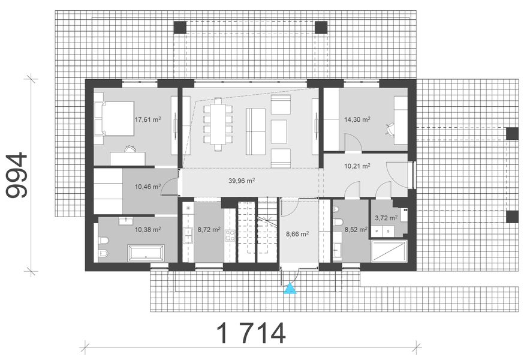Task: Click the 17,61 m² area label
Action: pos(148,119)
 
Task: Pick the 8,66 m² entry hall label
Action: pos(297,234)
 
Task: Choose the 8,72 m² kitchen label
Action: pos(209,229)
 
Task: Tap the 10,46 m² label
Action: pos(147,187)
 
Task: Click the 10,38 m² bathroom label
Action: pos(147,229)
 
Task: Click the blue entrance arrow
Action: pos(290,290)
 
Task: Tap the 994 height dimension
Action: pos(17,175)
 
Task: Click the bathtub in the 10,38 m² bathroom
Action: pos(144,253)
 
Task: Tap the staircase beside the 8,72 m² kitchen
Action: pos(257,231)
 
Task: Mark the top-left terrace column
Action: pos(180,27)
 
